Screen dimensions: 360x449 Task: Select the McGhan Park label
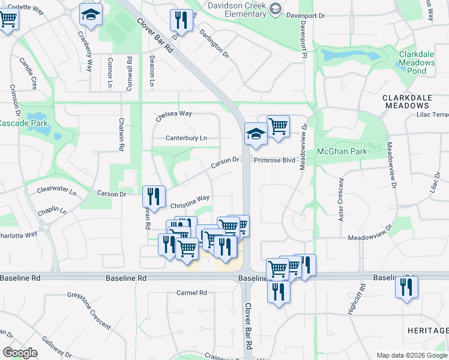(x=342, y=152)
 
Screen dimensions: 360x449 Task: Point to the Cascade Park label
(x=23, y=123)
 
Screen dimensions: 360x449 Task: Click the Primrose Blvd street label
(x=274, y=160)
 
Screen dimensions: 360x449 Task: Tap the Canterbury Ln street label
(x=186, y=138)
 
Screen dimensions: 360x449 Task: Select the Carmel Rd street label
(x=191, y=293)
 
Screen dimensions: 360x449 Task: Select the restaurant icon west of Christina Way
(x=154, y=196)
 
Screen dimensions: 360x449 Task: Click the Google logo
(x=20, y=353)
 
